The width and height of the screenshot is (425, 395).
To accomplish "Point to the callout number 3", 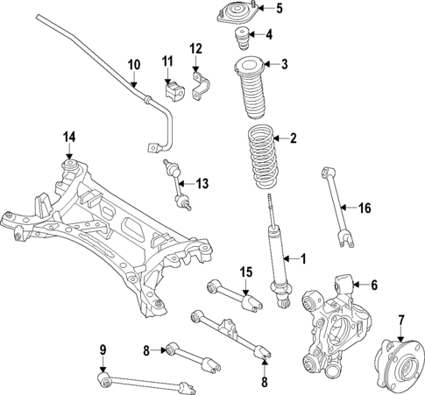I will tap(283, 64).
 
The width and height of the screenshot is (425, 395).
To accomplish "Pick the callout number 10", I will tap(133, 64).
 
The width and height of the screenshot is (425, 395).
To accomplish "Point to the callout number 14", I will tap(69, 136).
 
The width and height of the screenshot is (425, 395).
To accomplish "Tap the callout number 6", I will tap(374, 285).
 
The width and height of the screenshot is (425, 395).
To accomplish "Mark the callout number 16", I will tap(365, 208).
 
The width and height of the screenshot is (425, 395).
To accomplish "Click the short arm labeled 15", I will tap(230, 293).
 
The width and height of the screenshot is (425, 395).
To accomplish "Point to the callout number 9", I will tap(103, 351).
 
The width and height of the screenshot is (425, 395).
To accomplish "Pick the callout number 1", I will tap(304, 259).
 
